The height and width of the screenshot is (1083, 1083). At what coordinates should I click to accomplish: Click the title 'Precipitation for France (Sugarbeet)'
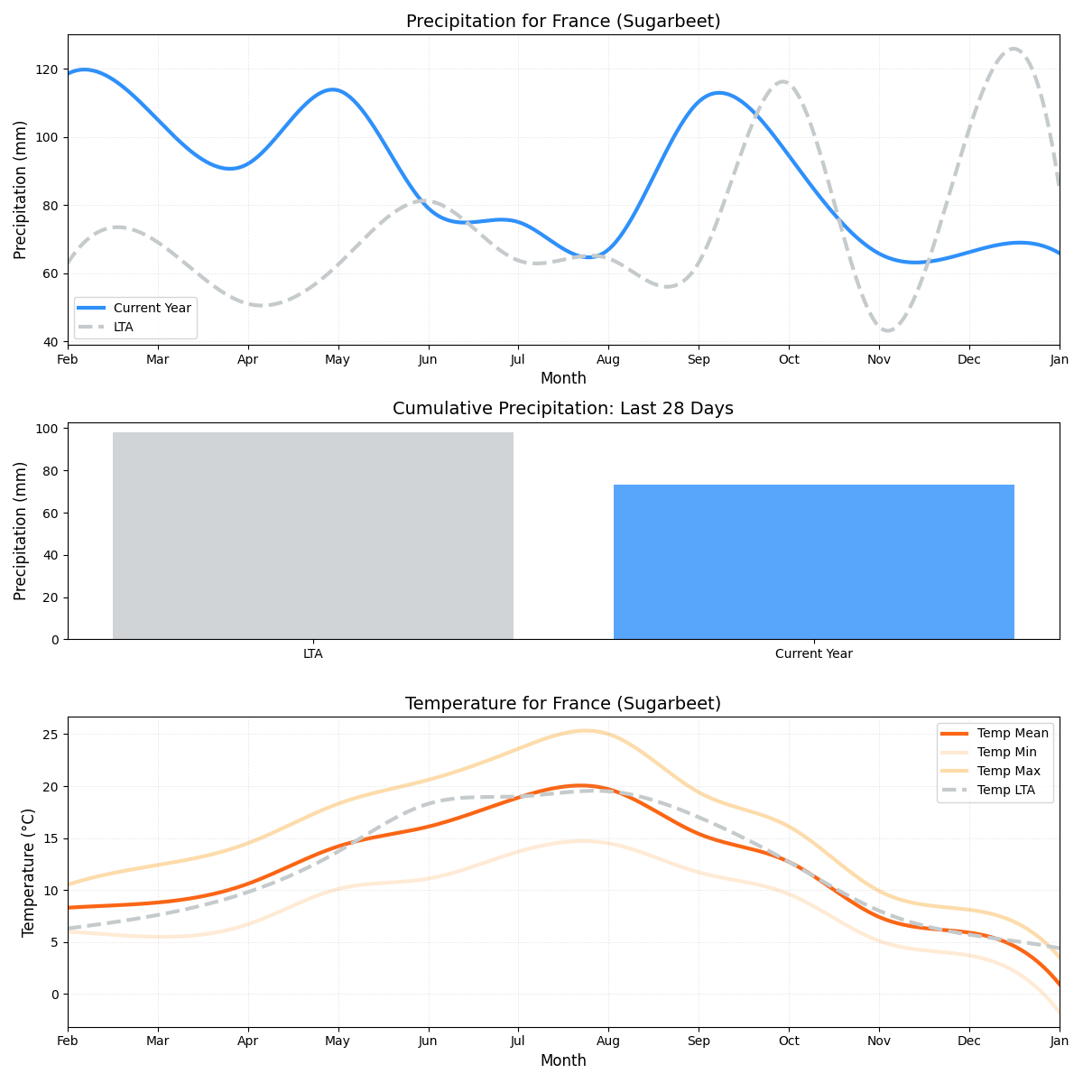pos(563,22)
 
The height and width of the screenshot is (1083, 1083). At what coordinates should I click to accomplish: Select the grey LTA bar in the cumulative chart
pos(313,535)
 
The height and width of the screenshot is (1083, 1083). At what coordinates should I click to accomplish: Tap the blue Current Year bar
pos(813,561)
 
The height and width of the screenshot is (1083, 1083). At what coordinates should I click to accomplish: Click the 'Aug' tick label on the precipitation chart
pos(608,360)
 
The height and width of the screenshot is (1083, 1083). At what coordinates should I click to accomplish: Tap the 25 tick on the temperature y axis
pos(51,735)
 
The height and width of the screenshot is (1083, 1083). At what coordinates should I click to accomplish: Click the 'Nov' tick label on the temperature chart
pos(878,1041)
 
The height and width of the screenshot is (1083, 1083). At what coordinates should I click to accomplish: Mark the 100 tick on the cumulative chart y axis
pos(49,429)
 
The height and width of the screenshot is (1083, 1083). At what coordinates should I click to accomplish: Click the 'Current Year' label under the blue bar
pos(813,654)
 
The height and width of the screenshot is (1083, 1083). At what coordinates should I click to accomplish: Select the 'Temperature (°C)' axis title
pos(29,872)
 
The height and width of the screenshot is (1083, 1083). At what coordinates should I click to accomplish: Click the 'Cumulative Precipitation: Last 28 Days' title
pos(563,409)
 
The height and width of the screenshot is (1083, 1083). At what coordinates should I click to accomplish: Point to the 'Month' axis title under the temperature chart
pos(563,1061)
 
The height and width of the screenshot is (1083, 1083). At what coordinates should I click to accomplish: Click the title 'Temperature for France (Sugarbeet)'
pos(563,704)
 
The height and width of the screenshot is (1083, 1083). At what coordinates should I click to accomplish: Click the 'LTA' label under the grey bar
pos(313,654)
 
